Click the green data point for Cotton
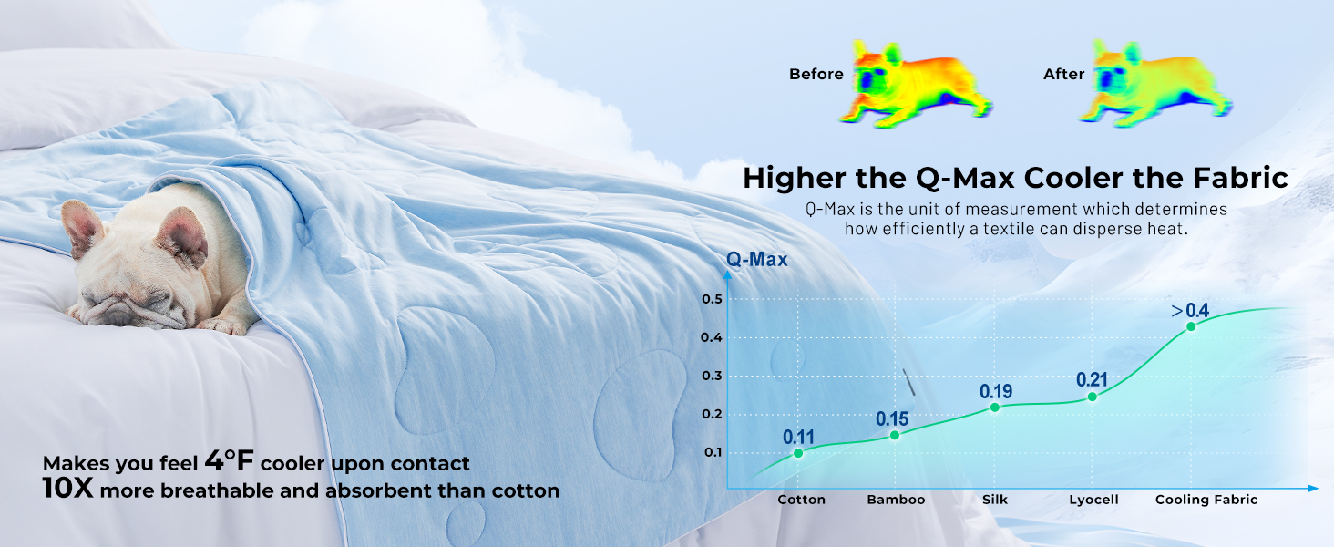pyautogui.click(x=798, y=453)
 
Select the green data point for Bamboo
pyautogui.click(x=895, y=436)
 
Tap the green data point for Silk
pyautogui.click(x=994, y=408)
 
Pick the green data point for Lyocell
pyautogui.click(x=1093, y=397)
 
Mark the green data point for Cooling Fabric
pyautogui.click(x=1191, y=326)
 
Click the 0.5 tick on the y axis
pyautogui.click(x=712, y=299)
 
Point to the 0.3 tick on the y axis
pyautogui.click(x=712, y=376)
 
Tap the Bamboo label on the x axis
pyautogui.click(x=897, y=500)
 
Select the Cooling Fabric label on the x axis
pyautogui.click(x=1206, y=500)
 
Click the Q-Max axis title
pyautogui.click(x=757, y=259)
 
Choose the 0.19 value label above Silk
pyautogui.click(x=996, y=391)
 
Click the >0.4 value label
pyautogui.click(x=1190, y=311)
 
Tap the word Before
pyautogui.click(x=816, y=74)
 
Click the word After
pyautogui.click(x=1063, y=74)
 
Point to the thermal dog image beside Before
pyautogui.click(x=916, y=84)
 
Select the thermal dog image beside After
pyautogui.click(x=1155, y=84)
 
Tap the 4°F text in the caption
pyautogui.click(x=230, y=460)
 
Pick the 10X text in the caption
pyautogui.click(x=68, y=488)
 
